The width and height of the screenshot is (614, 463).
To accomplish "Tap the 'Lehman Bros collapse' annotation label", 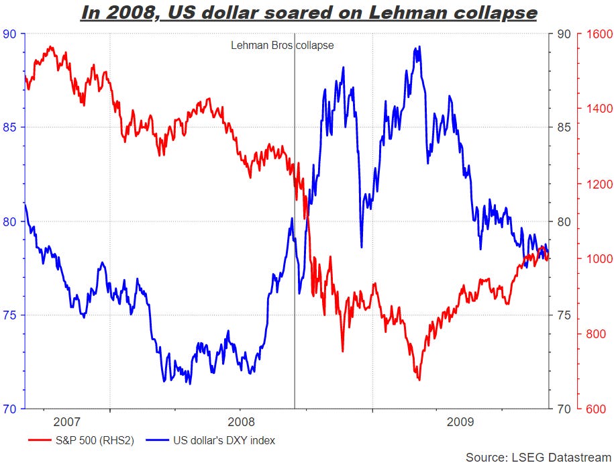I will [x=282, y=46].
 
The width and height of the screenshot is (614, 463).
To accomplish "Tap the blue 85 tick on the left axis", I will [x=11, y=127].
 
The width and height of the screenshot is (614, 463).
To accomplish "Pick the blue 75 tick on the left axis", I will [x=11, y=315].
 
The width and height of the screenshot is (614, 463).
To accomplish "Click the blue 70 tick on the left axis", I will [x=11, y=409].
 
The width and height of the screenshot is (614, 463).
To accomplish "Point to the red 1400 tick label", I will [x=597, y=109].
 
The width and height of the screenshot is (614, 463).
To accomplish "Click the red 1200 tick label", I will [x=597, y=184].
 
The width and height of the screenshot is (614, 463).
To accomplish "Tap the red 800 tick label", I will [x=597, y=334].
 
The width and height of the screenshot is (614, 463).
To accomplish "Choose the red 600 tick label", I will [x=597, y=409].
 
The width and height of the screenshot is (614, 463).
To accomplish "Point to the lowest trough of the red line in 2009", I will [x=419, y=380].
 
